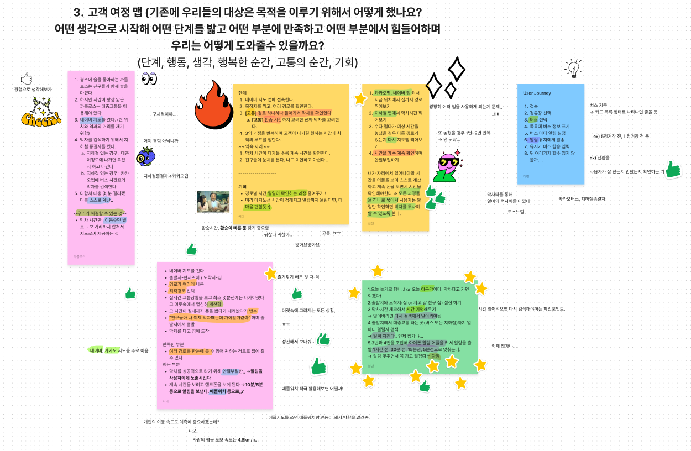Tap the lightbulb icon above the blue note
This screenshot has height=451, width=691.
click(x=573, y=69)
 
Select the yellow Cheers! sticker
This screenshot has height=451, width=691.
click(x=40, y=113)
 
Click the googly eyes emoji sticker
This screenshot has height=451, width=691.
click(x=149, y=79)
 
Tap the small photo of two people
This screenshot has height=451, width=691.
click(x=213, y=202)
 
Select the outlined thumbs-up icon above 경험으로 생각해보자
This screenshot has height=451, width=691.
click(x=26, y=78)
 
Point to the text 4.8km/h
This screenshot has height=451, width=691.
click(x=248, y=440)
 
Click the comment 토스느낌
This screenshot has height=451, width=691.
click(x=515, y=212)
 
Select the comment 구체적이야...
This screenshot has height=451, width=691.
click(x=164, y=114)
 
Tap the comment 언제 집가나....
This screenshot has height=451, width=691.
click(x=504, y=347)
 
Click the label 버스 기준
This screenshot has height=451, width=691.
click(x=598, y=105)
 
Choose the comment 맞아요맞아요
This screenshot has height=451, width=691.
click(x=307, y=244)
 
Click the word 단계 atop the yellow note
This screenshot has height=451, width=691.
click(x=243, y=93)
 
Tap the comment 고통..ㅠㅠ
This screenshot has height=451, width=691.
click(x=331, y=233)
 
